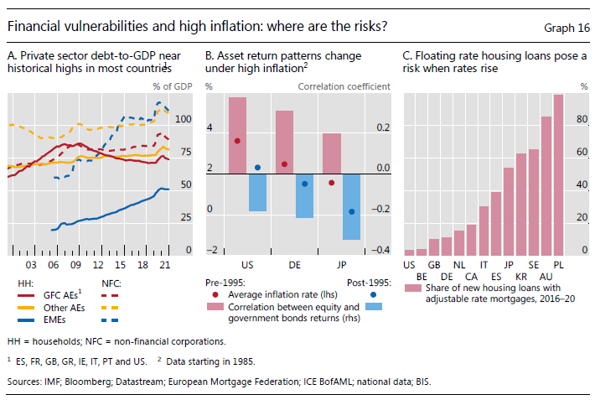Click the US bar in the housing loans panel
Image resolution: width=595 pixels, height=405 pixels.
click(x=409, y=252)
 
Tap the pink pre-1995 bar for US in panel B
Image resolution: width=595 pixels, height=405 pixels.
click(x=237, y=135)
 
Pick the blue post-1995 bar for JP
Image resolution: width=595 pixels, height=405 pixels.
click(x=351, y=206)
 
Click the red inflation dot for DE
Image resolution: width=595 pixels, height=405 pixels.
click(x=284, y=164)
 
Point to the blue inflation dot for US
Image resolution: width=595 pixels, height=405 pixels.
click(x=257, y=168)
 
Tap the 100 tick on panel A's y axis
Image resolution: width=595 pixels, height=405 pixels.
click(x=182, y=119)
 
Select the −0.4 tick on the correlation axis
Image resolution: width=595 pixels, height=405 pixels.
click(x=381, y=251)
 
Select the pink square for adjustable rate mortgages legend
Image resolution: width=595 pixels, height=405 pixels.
click(x=411, y=288)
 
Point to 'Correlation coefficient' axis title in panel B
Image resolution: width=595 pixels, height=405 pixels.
click(x=344, y=86)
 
